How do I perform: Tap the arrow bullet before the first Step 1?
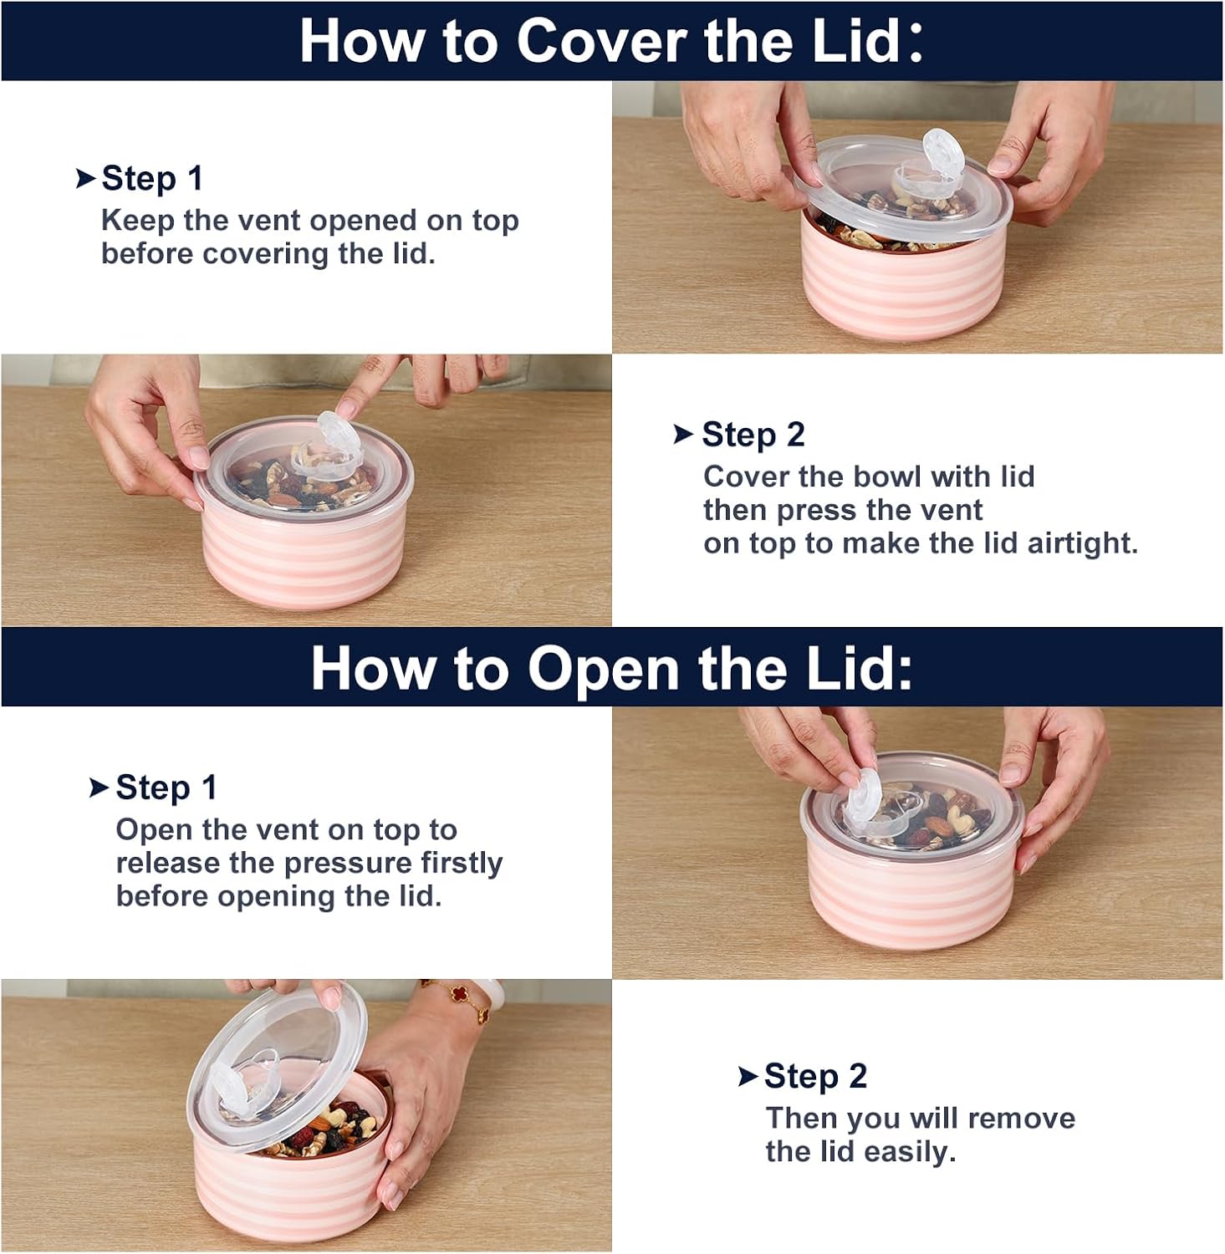click(85, 178)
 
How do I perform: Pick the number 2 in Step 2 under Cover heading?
click(794, 435)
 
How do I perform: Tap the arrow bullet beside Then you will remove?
click(748, 1077)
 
